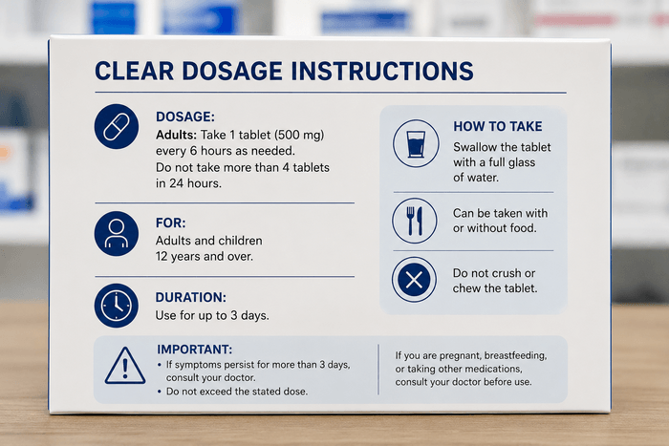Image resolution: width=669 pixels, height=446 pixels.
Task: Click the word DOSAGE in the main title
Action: tap(232, 71)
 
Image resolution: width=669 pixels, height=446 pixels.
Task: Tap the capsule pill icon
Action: tap(117, 126)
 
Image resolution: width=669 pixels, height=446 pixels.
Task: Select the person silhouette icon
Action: tap(117, 234)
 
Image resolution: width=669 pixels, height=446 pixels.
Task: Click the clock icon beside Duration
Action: tap(117, 306)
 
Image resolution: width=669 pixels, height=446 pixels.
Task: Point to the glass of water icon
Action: tap(416, 143)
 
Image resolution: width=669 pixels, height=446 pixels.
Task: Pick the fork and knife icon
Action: tap(415, 221)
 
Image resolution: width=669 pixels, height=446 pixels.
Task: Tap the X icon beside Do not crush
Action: tap(414, 280)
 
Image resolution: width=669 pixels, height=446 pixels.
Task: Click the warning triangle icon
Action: tap(125, 366)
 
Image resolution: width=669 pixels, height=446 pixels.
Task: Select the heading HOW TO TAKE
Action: tap(498, 126)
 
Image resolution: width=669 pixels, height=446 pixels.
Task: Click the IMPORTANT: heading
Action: tap(195, 350)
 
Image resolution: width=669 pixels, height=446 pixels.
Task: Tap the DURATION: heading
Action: tap(191, 297)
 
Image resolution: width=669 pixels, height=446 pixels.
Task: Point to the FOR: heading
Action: tap(171, 223)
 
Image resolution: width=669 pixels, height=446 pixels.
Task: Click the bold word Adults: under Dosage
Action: tap(176, 135)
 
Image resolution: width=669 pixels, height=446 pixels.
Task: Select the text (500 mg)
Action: tap(299, 136)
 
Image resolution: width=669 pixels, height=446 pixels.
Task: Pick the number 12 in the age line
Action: tap(162, 256)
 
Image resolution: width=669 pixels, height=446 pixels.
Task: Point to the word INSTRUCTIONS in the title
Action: tap(382, 71)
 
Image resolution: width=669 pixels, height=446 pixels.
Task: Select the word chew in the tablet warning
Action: tap(465, 288)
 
